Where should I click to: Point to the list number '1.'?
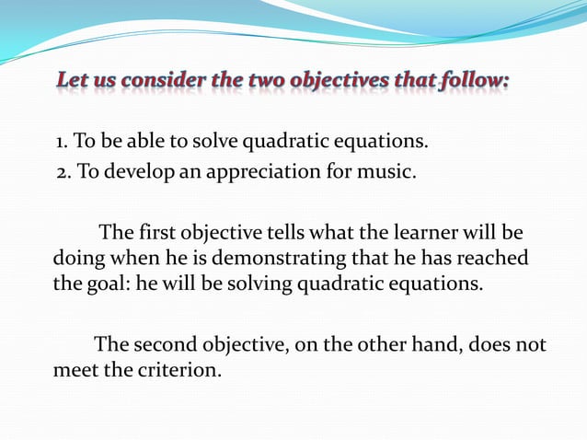(61, 142)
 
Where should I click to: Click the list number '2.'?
(64, 170)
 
